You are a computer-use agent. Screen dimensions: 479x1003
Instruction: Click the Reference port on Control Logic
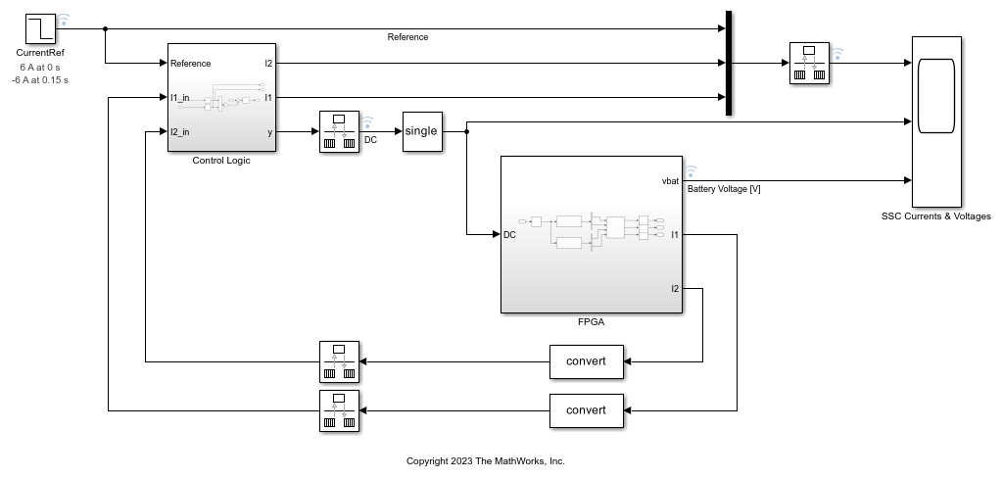point(190,64)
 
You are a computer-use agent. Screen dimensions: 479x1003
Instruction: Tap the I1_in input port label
point(180,97)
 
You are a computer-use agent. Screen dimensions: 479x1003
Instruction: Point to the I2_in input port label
point(180,131)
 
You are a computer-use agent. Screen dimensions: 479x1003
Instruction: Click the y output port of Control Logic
point(269,131)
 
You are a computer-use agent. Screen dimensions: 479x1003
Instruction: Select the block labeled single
point(421,131)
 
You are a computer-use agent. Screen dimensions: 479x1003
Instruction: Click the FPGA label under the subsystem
point(591,320)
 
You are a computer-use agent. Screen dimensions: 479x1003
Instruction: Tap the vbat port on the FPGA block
point(670,181)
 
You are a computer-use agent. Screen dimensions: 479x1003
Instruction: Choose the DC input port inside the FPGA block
point(509,235)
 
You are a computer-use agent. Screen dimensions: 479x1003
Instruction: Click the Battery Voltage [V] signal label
point(724,189)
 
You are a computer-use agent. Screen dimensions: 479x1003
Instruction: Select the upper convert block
point(586,361)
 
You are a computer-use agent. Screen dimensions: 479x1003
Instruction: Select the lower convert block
point(586,409)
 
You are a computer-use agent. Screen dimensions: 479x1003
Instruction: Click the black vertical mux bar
point(729,64)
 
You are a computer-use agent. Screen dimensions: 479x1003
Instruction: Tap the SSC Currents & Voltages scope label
point(936,216)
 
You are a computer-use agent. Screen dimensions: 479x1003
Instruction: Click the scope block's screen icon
point(935,95)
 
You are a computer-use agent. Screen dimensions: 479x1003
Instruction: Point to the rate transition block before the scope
point(809,63)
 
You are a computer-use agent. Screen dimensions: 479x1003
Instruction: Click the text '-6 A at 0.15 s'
point(40,79)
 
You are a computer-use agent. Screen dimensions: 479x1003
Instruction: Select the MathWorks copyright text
point(485,460)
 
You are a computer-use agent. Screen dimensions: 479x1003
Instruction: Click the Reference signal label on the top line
point(407,37)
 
